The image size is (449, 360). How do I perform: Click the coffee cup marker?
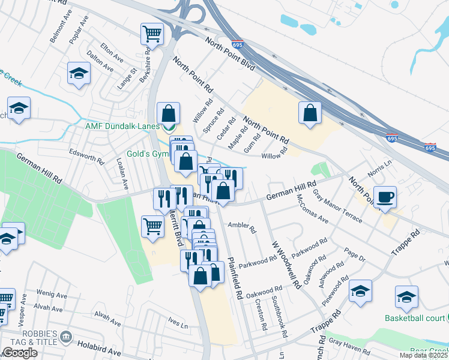[x=385, y=197]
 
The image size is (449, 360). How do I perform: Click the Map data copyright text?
[x=423, y=355]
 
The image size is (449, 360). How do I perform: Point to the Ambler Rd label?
[x=242, y=227]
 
